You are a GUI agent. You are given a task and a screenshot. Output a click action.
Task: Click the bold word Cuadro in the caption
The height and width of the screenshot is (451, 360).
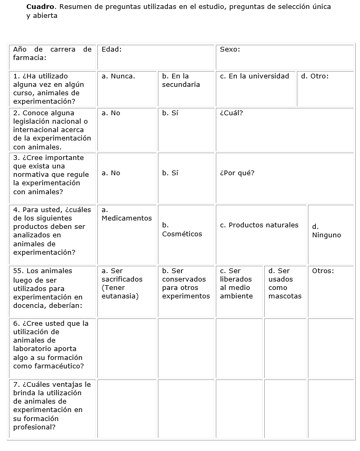point(40,7)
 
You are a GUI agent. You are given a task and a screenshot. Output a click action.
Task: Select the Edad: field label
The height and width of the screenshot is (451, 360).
point(112,49)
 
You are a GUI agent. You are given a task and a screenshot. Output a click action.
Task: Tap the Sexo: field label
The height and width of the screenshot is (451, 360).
point(230,49)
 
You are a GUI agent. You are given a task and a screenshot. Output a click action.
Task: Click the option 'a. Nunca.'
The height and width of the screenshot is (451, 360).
point(118,76)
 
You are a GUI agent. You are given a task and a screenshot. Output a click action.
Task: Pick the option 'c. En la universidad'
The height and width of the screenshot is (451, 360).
point(255,76)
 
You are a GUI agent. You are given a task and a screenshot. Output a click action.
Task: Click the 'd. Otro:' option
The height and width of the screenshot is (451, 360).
point(315,76)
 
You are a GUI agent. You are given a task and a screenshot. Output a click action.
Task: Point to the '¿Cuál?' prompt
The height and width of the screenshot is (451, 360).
point(232,113)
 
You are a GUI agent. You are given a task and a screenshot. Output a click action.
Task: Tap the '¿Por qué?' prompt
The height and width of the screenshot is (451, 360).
point(237,173)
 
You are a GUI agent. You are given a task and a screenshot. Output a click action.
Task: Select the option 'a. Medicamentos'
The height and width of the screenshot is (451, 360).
point(126,214)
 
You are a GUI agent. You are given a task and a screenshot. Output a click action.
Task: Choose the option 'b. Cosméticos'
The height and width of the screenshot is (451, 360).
point(182,229)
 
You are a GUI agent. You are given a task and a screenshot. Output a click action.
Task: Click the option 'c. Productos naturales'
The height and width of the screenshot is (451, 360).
point(259,225)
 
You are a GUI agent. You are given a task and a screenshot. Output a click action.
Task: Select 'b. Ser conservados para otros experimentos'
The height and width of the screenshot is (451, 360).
point(186,283)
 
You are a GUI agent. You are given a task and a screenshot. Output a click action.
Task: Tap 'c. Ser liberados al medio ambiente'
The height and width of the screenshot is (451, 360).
point(236,283)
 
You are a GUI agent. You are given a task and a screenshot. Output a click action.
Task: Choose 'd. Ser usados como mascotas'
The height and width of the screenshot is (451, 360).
point(285,283)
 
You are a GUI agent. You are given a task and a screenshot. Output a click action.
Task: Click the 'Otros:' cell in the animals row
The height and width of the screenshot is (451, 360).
point(323,270)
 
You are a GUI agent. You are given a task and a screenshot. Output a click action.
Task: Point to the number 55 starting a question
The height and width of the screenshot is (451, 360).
point(18,270)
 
